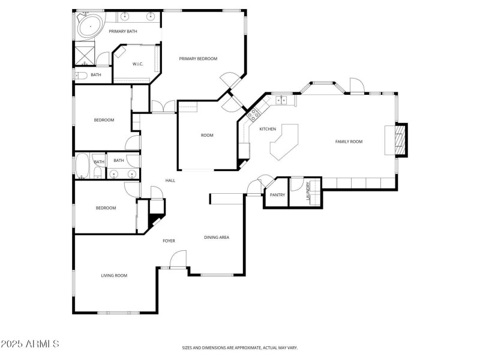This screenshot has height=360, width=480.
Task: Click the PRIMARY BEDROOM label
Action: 198,59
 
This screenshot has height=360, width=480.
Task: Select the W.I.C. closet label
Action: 137,64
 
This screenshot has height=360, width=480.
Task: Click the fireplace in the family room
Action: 400,140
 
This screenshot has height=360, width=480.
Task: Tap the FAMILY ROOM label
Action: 349,142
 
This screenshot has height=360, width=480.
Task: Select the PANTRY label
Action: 277,195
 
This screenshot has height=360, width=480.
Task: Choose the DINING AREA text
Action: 217,238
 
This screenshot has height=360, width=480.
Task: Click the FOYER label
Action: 169,241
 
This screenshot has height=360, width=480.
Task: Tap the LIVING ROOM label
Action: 113,275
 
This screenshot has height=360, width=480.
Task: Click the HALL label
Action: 170,181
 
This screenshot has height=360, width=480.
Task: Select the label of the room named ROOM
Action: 207,136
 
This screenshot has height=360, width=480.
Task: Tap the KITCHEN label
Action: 268,130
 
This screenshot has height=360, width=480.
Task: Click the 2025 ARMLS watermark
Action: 29,344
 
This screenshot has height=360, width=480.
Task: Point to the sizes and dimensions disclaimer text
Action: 240,347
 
